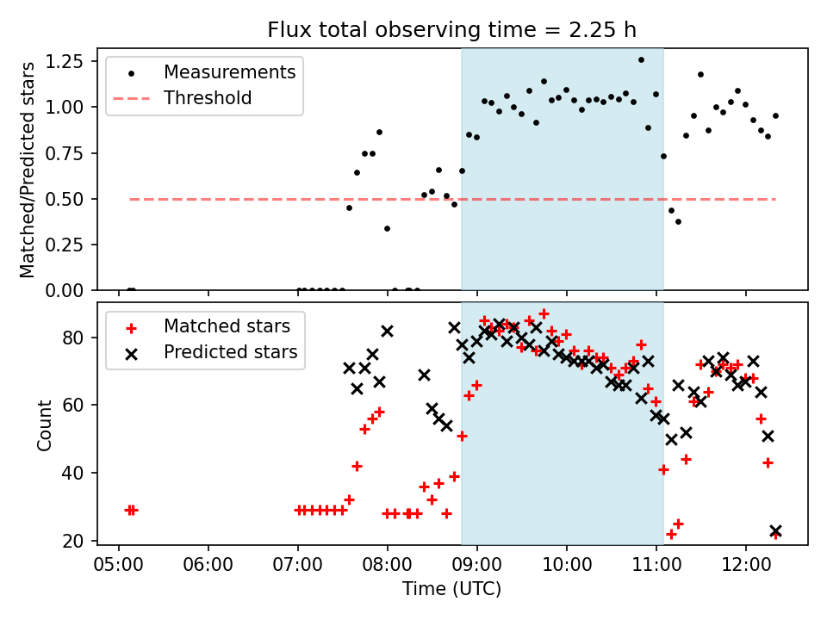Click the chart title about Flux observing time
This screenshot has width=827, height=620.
[x=451, y=30]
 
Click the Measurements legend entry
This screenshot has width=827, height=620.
[x=229, y=71]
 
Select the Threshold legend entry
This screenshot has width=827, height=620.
[x=208, y=98]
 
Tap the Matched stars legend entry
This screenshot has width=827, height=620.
[x=227, y=326]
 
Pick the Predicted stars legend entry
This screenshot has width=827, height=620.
[x=231, y=352]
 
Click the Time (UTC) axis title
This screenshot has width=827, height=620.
[x=451, y=590]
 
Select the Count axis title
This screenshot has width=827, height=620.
[x=44, y=424]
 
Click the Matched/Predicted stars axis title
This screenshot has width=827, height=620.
[x=28, y=170]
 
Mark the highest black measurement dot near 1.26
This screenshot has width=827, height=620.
[x=641, y=59]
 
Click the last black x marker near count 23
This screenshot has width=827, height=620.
[x=775, y=531]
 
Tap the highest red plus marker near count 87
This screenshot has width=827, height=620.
[x=544, y=314]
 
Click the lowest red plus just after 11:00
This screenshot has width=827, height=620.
[x=671, y=534]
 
